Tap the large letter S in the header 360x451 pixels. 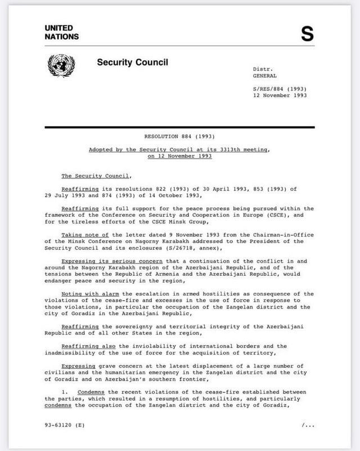(x=307, y=34)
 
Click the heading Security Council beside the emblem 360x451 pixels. (x=132, y=62)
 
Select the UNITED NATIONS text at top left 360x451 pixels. (x=62, y=33)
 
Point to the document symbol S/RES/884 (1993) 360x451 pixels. (x=280, y=89)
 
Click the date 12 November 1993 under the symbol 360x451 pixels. (x=280, y=96)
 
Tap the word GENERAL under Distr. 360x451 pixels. (x=264, y=75)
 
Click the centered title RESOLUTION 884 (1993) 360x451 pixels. (x=179, y=136)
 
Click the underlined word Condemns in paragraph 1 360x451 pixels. (x=91, y=392)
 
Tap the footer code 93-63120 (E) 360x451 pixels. (x=65, y=425)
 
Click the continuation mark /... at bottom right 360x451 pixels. (x=308, y=425)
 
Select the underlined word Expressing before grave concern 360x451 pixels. (x=80, y=366)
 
